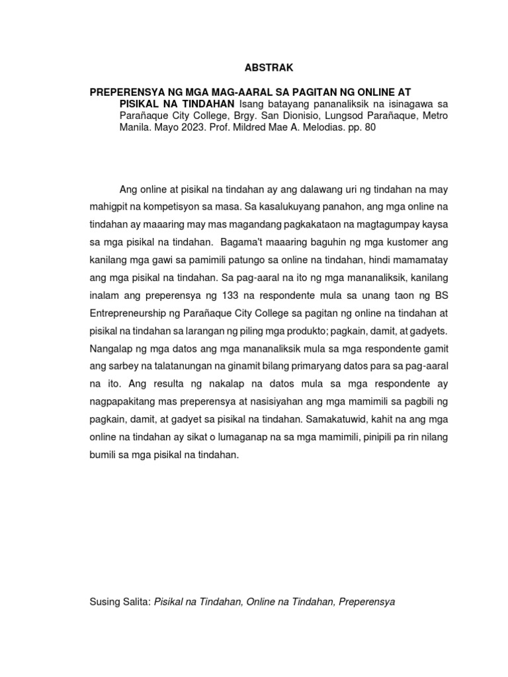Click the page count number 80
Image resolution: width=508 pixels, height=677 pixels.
pyautogui.click(x=369, y=128)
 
